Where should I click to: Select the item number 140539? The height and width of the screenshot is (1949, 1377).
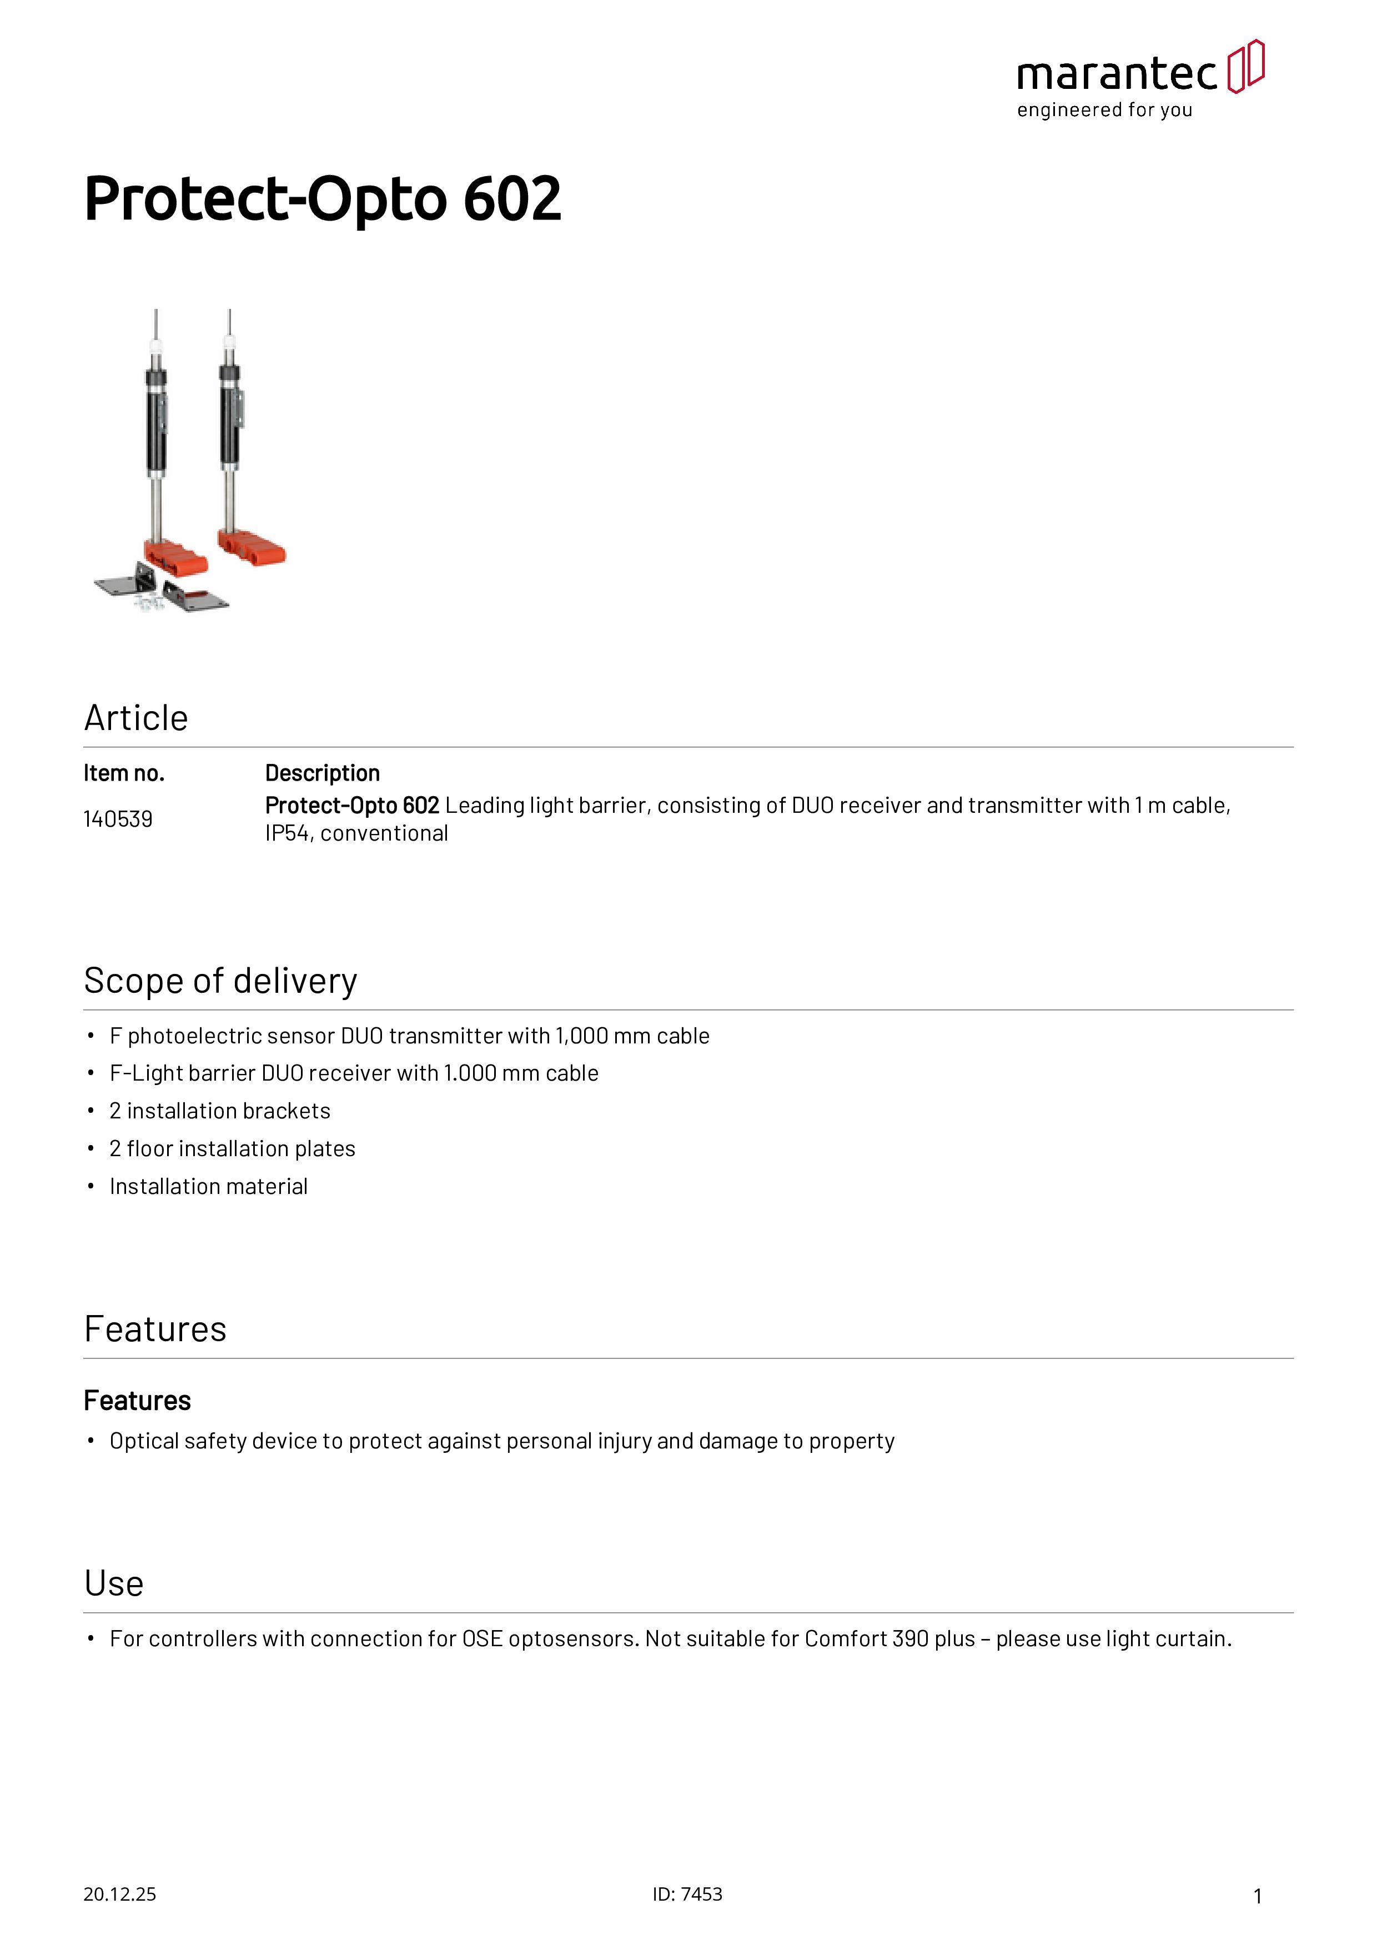pyautogui.click(x=118, y=819)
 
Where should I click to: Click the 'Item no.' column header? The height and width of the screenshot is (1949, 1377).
pyautogui.click(x=124, y=773)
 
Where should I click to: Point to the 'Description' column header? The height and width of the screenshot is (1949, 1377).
pyautogui.click(x=323, y=773)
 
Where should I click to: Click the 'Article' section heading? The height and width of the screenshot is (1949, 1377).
pyautogui.click(x=135, y=718)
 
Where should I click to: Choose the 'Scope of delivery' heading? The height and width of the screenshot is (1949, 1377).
pyautogui.click(x=220, y=981)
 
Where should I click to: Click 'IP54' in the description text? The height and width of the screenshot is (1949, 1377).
pyautogui.click(x=287, y=833)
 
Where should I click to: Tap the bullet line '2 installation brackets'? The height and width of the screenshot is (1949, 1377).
pyautogui.click(x=220, y=1111)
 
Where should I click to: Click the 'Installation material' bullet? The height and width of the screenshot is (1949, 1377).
pyautogui.click(x=209, y=1187)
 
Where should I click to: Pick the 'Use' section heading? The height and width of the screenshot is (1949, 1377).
pyautogui.click(x=114, y=1584)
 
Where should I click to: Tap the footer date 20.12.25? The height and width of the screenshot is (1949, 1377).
pyautogui.click(x=119, y=1895)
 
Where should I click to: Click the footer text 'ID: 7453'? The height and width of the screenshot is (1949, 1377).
pyautogui.click(x=687, y=1895)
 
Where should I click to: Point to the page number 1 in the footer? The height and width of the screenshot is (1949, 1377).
pyautogui.click(x=1258, y=1896)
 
